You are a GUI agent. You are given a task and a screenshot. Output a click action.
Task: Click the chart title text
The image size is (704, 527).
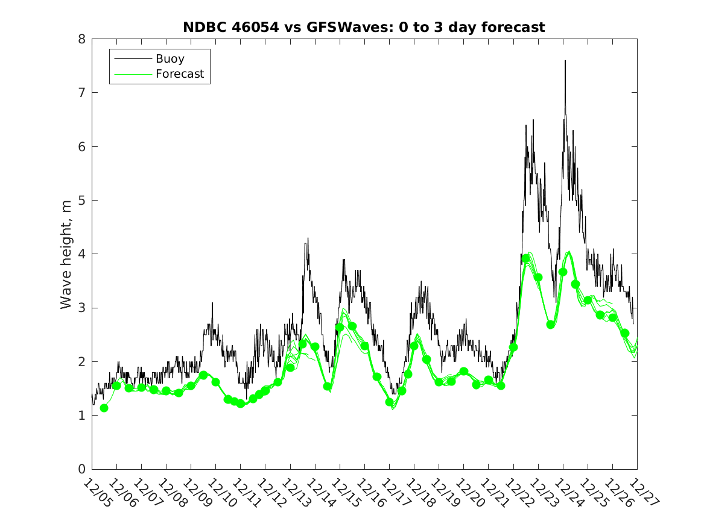(x=364, y=27)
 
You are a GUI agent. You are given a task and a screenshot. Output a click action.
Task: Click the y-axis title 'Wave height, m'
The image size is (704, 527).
(x=66, y=255)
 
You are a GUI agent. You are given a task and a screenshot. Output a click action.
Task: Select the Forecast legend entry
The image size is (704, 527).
(x=179, y=75)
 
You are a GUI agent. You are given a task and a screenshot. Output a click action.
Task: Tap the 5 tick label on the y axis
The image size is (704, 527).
(x=80, y=201)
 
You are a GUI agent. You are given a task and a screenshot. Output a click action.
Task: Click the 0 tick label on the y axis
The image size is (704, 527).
(x=80, y=469)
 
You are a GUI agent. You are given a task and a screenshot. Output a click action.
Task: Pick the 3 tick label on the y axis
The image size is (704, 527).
(x=80, y=308)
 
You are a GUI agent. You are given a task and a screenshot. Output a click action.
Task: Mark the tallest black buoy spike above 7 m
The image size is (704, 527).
(x=565, y=61)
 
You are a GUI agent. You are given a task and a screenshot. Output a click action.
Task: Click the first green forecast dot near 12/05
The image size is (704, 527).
(x=104, y=408)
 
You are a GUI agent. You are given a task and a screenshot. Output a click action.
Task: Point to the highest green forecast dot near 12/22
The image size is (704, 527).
(x=526, y=258)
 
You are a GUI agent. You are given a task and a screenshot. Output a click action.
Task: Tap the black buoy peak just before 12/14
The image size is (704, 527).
(x=308, y=239)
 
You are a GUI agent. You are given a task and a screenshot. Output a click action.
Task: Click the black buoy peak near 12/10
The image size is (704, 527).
(x=212, y=303)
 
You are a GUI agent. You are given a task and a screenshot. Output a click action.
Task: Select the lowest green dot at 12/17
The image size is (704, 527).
(x=390, y=402)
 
